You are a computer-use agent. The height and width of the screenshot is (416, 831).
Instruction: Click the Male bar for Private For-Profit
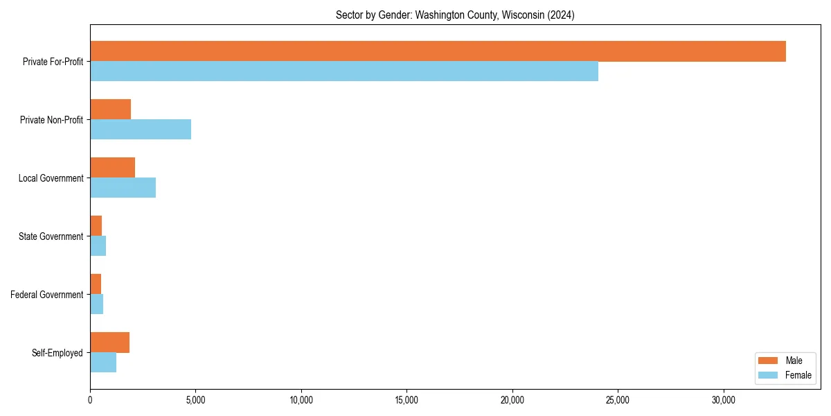click(x=438, y=51)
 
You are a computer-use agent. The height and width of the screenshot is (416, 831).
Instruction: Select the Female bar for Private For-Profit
click(x=344, y=71)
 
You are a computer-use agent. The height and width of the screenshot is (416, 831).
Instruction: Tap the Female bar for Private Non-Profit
click(x=141, y=130)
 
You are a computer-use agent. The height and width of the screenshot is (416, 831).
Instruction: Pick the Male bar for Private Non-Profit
click(x=111, y=110)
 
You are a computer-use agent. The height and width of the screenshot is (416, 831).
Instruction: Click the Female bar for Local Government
click(x=123, y=188)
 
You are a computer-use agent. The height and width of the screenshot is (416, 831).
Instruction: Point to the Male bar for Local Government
click(x=112, y=168)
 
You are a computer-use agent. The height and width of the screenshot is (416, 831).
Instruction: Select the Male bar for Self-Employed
click(x=109, y=343)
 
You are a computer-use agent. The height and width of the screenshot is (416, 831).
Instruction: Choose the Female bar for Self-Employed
click(x=103, y=363)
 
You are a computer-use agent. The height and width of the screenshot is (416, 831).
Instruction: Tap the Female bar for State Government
click(x=98, y=246)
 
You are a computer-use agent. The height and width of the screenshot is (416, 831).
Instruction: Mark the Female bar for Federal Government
click(x=97, y=304)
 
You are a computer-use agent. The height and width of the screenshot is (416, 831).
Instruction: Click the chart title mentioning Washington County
click(x=455, y=15)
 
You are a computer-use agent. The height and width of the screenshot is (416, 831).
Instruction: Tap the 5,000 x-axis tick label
click(x=195, y=400)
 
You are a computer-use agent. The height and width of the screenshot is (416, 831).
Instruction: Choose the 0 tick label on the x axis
click(x=90, y=400)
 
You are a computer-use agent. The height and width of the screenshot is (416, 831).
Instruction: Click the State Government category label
click(x=51, y=236)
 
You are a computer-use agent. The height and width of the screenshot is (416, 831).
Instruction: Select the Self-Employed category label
click(x=57, y=353)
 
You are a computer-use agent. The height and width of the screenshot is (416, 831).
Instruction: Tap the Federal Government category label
click(x=47, y=295)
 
